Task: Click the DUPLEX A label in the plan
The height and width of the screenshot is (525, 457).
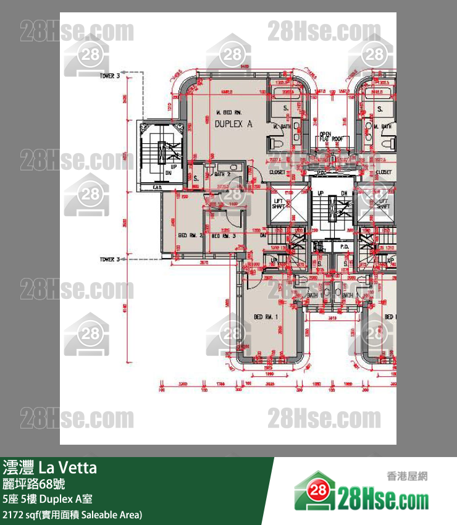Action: coord(233,124)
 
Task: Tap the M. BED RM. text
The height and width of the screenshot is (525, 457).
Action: coord(228,112)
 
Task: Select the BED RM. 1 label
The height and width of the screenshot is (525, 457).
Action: coord(267,317)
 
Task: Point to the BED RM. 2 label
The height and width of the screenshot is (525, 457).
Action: coord(190,235)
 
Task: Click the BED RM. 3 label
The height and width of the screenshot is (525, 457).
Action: coord(224,236)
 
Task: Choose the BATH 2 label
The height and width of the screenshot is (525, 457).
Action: coord(222,175)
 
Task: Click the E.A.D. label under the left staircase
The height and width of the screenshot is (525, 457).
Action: coord(157,187)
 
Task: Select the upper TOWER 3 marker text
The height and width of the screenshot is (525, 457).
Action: coord(109,75)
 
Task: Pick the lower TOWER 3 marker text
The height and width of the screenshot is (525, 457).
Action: coord(109,260)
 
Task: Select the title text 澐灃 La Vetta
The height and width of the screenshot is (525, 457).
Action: coord(50,468)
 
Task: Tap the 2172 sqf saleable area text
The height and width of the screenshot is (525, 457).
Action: coord(72,514)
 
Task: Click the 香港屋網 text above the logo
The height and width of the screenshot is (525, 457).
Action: coord(406,476)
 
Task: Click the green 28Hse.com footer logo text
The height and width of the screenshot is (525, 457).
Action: coord(383,498)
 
